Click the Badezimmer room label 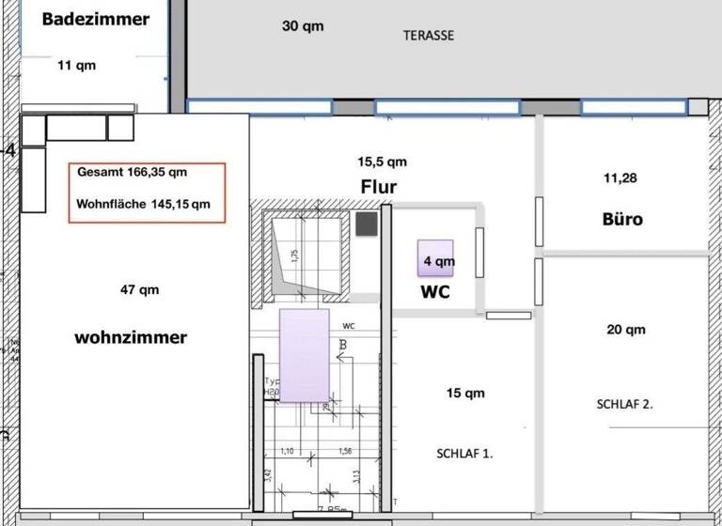(x=95, y=19)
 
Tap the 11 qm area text (x=76, y=66)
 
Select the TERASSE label (x=429, y=36)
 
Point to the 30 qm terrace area (x=303, y=26)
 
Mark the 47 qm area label (x=140, y=290)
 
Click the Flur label (x=379, y=187)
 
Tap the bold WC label (x=434, y=292)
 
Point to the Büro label (x=622, y=220)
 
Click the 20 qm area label (x=626, y=330)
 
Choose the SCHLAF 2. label (x=624, y=405)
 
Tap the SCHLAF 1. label (x=464, y=453)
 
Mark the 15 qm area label (x=465, y=394)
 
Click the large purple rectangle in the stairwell (x=305, y=355)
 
